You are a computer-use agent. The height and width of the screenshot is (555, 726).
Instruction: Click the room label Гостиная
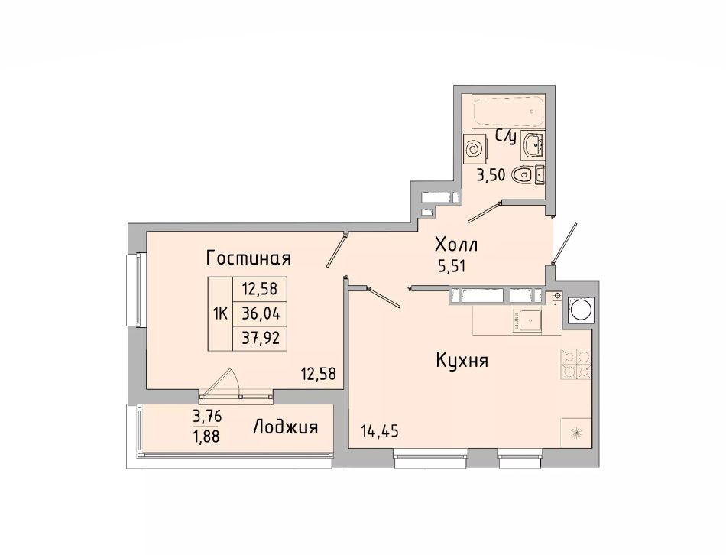click(248, 258)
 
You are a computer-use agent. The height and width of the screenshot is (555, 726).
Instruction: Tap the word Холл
click(456, 244)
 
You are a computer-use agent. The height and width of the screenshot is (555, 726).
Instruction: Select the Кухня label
click(462, 360)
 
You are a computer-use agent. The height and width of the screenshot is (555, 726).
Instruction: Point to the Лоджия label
click(286, 427)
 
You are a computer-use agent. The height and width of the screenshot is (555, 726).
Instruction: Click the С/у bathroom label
click(506, 136)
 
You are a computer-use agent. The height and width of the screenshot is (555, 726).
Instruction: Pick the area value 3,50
click(491, 177)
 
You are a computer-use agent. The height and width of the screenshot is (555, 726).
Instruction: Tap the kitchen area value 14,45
click(380, 431)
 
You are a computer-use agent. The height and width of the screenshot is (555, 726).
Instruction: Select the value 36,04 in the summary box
click(261, 313)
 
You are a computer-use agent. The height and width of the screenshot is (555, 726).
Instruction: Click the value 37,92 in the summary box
click(261, 339)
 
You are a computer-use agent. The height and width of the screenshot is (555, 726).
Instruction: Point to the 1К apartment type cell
click(220, 314)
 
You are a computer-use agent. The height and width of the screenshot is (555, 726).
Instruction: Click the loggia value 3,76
click(207, 417)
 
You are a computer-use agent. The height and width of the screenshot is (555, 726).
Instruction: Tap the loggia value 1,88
click(206, 436)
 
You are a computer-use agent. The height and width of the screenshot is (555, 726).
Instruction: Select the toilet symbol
click(528, 174)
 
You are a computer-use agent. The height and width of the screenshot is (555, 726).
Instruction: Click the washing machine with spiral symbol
click(475, 149)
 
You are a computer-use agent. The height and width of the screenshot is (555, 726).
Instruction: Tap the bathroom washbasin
click(533, 143)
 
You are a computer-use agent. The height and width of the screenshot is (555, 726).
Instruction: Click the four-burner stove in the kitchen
click(576, 364)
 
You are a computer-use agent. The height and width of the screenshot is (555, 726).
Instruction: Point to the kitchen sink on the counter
click(527, 320)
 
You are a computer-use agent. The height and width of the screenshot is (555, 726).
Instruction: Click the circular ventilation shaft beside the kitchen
click(579, 310)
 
